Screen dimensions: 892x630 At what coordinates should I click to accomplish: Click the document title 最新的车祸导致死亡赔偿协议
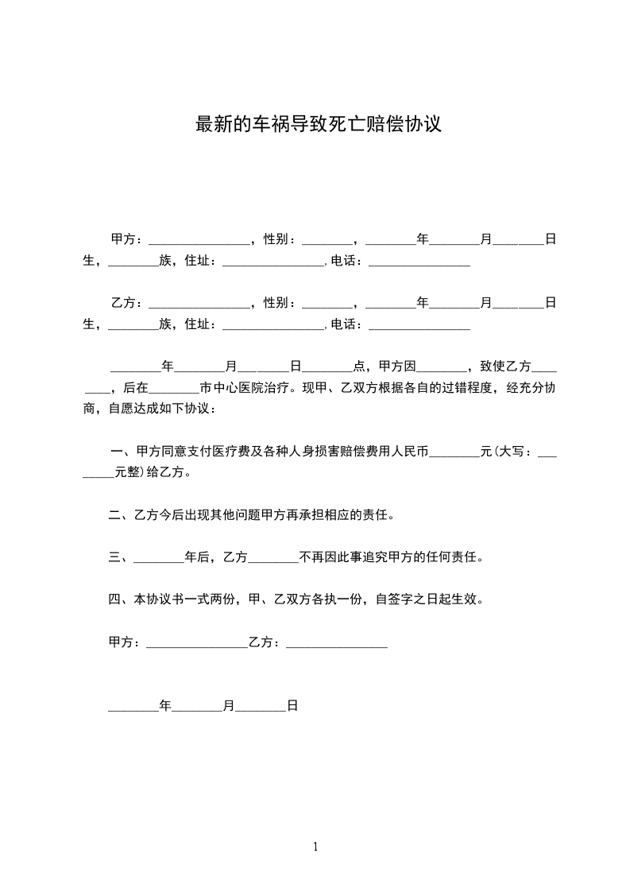[x=318, y=125]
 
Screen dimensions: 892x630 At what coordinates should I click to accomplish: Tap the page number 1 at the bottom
[x=315, y=847]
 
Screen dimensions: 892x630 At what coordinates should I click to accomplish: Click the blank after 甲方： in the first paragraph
[x=199, y=240]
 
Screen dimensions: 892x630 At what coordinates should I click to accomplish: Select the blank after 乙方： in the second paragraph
[x=199, y=304]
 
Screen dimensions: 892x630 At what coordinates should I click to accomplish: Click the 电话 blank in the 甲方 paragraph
[x=419, y=262]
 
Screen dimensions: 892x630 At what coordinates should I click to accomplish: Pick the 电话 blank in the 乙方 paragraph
[x=419, y=325]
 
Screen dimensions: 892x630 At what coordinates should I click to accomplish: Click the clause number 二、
[x=118, y=515]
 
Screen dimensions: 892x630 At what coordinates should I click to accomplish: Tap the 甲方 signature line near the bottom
[x=197, y=644]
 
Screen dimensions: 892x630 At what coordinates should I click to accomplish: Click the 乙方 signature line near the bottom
[x=337, y=644]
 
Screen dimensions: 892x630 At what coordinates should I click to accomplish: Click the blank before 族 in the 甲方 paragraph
[x=133, y=262]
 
